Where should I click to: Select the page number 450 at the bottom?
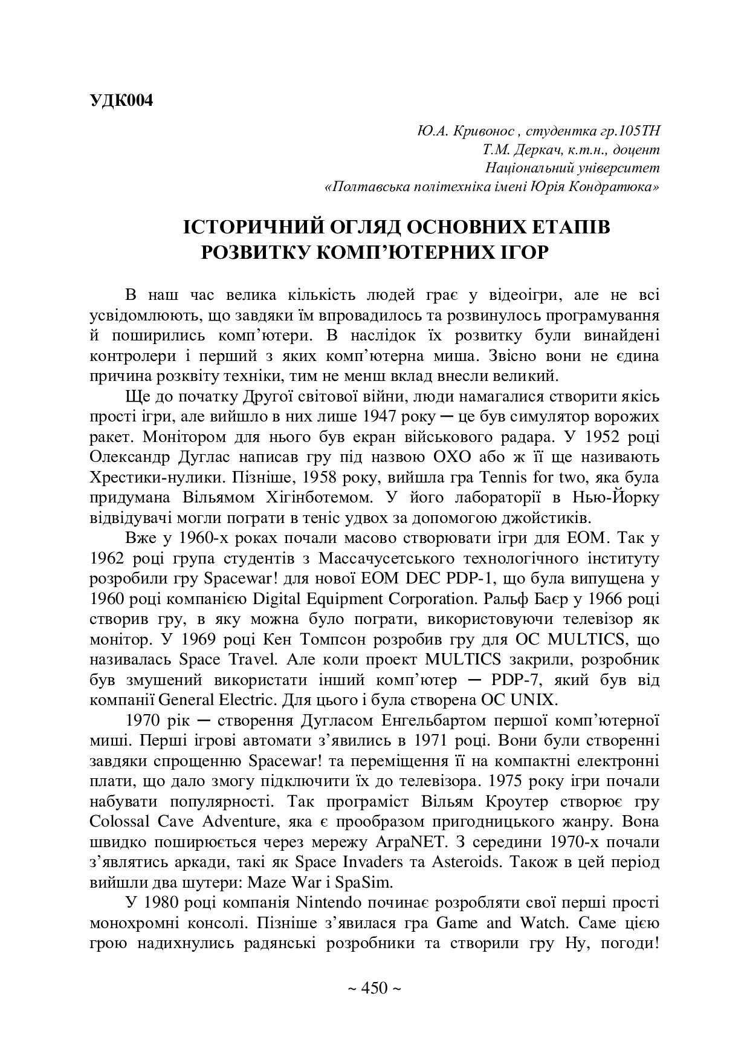pos(374,988)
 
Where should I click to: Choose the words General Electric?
pos(207,700)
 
